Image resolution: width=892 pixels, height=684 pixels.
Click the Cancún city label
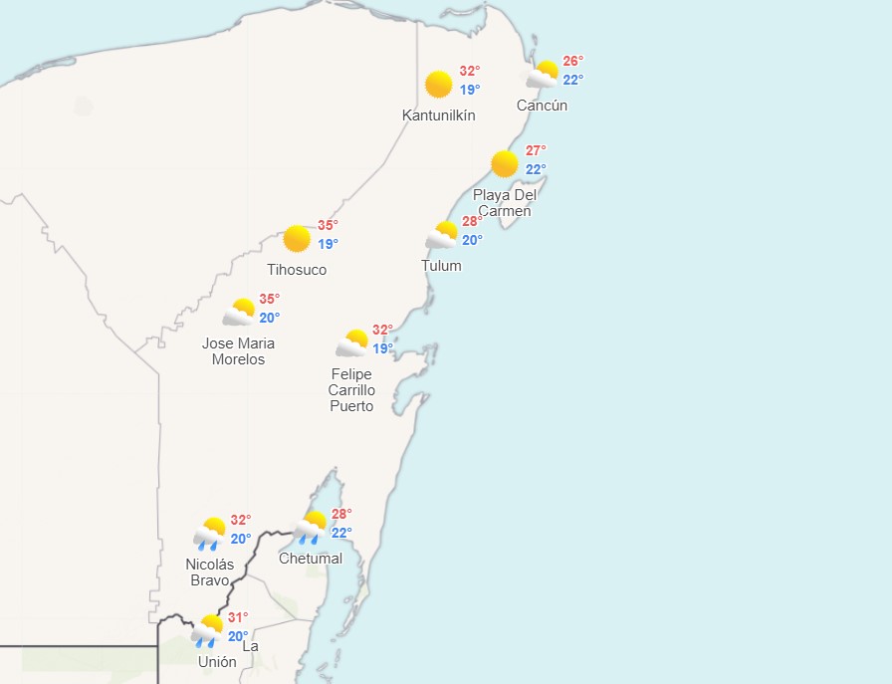pos(542,106)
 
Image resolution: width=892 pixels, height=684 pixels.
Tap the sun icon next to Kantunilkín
pos(438,85)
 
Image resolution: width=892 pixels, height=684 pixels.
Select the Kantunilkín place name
pos(438,115)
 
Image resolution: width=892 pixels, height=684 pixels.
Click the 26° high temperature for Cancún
pos(573,61)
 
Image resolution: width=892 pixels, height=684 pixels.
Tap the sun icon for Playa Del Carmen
pos(505,164)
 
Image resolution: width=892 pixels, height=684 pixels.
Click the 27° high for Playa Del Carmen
pos(536,150)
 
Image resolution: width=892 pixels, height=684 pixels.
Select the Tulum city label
pos(441,266)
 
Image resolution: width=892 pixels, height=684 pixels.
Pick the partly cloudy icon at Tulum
pos(442,235)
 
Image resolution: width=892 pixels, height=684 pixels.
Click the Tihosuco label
pos(297,270)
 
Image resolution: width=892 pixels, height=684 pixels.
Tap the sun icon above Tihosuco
pos(297,239)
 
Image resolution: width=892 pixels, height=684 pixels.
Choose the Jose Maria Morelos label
pos(238,351)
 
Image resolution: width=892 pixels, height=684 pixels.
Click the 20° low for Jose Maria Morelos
pos(269,318)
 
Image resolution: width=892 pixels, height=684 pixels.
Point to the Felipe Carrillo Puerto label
pos(352,389)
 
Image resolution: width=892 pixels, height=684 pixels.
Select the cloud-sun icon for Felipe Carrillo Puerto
pos(352,343)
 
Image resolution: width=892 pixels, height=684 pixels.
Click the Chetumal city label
pos(311,559)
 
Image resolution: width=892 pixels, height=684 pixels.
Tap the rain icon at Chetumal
pos(311,527)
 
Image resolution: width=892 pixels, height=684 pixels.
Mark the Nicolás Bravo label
pos(210,572)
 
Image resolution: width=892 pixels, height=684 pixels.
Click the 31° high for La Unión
pos(238,617)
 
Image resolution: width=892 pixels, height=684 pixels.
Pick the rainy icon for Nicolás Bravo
pos(210,534)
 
